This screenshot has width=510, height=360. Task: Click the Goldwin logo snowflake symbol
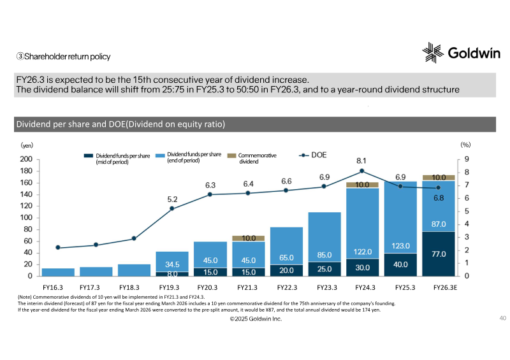click(433, 52)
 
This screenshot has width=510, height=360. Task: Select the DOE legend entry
click(312, 155)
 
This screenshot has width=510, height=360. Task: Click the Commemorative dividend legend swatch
click(231, 155)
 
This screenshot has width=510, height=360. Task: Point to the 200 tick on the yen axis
click(26, 159)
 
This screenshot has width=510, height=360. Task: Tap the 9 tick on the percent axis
click(467, 159)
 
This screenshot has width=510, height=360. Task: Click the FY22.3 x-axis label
click(288, 287)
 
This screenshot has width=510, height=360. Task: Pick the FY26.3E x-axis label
click(445, 287)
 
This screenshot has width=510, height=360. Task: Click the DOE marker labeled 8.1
click(361, 171)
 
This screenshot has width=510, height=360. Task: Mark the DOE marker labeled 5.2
click(172, 208)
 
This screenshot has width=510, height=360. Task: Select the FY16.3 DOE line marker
click(58, 247)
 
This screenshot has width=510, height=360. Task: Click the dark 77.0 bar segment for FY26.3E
click(439, 254)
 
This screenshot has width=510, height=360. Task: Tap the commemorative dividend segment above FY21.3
click(249, 238)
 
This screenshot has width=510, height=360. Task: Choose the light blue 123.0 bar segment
click(400, 217)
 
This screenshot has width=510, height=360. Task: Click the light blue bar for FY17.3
click(96, 271)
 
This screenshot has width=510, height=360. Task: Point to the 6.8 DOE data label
click(439, 198)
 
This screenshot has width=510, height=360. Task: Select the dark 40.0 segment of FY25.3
click(400, 264)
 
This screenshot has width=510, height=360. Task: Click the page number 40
click(502, 318)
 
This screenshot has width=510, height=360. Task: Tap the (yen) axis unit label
click(27, 145)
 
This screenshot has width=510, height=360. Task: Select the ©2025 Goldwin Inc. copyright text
click(256, 319)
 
